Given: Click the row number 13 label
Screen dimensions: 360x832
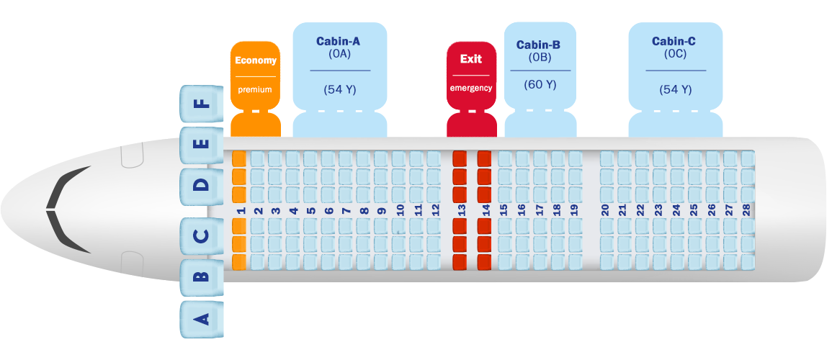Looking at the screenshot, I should [x=462, y=210].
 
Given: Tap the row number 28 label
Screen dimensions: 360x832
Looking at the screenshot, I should [x=746, y=210].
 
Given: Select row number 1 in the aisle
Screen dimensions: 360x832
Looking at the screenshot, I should [x=241, y=210].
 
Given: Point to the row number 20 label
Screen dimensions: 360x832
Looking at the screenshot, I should [x=605, y=210].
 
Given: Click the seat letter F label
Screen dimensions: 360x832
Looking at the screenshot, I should [x=202, y=103].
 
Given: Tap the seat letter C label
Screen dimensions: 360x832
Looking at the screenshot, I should [x=202, y=235].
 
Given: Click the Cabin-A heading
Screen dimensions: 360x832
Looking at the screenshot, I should [x=338, y=41].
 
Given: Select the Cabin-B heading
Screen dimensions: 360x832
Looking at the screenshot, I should [x=538, y=45].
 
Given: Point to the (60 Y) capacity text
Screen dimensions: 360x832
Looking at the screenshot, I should [x=540, y=84].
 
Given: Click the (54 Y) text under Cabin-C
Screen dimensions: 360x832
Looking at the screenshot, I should [x=675, y=90].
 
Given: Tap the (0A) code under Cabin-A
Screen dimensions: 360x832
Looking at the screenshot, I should [x=339, y=53].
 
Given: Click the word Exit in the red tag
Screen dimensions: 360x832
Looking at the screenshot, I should [x=471, y=59].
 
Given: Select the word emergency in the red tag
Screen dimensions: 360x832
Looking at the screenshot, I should [x=471, y=89].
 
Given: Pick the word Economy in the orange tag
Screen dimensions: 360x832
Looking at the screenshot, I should [x=256, y=60].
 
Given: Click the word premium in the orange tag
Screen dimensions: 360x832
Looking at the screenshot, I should [x=255, y=90].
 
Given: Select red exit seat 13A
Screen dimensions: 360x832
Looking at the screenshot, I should [x=460, y=262].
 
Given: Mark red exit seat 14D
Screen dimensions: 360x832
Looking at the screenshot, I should [x=484, y=193].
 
